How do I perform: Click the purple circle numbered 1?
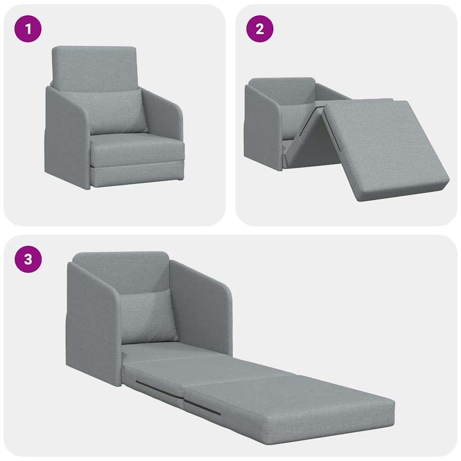28,29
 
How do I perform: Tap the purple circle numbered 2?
260,29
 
